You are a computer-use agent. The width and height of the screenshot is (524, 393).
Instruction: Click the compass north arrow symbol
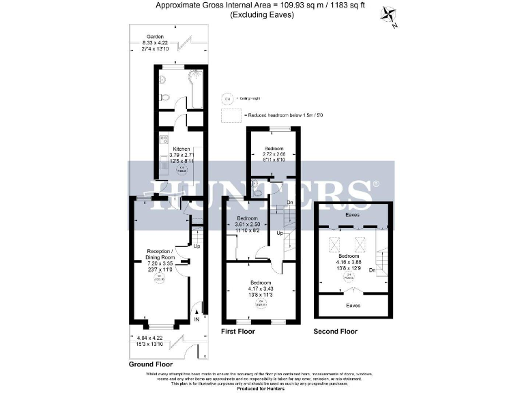pos(390,16)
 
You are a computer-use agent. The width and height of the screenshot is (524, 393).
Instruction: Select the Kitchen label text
pos(181,149)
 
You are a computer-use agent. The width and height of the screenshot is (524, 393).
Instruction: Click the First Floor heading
pos(237,332)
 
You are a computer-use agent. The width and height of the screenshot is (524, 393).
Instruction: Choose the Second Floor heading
pos(335,332)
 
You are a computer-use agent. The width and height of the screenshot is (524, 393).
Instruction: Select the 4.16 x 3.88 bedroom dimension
pos(353,262)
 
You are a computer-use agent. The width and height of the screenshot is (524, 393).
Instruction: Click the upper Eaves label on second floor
pos(353,214)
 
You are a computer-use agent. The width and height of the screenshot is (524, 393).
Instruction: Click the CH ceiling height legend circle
pos(227,98)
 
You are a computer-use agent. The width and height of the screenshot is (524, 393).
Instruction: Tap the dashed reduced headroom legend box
pos(227,115)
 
